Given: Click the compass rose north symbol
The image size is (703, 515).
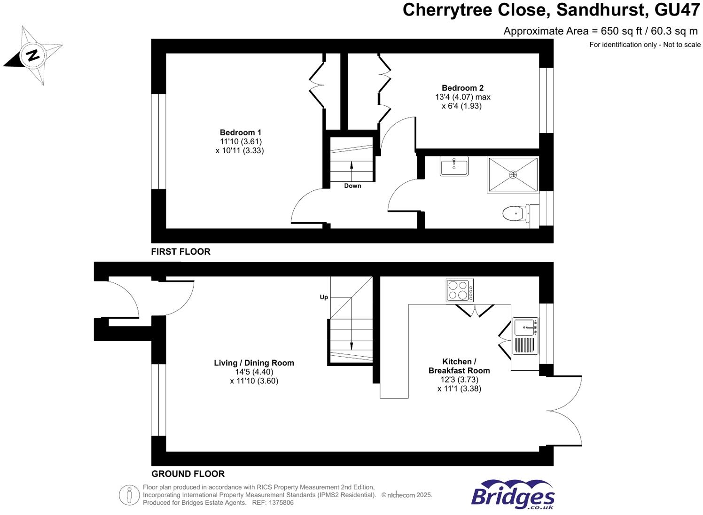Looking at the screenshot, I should pyautogui.click(x=32, y=55).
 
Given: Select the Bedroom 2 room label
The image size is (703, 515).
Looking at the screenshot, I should pyautogui.click(x=462, y=88).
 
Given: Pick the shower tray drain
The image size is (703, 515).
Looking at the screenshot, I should pyautogui.click(x=513, y=175).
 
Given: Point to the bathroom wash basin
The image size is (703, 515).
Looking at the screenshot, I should pyautogui.click(x=454, y=167).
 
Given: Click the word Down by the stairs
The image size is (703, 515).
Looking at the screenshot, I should pyautogui.click(x=352, y=186).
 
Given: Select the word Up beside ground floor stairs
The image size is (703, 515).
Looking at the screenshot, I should pyautogui.click(x=324, y=297).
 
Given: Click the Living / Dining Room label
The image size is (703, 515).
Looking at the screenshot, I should pyautogui.click(x=254, y=363).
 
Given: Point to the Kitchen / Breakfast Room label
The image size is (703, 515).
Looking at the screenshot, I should pyautogui.click(x=459, y=366).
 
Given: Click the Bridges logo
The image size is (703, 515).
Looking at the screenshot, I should pyautogui.click(x=513, y=494).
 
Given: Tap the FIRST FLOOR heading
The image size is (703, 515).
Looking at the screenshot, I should pyautogui.click(x=180, y=252).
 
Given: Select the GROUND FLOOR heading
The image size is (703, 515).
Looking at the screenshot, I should pyautogui.click(x=188, y=474).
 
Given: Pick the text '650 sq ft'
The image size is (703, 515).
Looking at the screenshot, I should pyautogui.click(x=619, y=31).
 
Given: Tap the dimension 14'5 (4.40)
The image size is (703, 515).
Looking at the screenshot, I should pyautogui.click(x=254, y=372).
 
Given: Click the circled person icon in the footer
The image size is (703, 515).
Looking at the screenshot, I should pyautogui.click(x=129, y=495).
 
